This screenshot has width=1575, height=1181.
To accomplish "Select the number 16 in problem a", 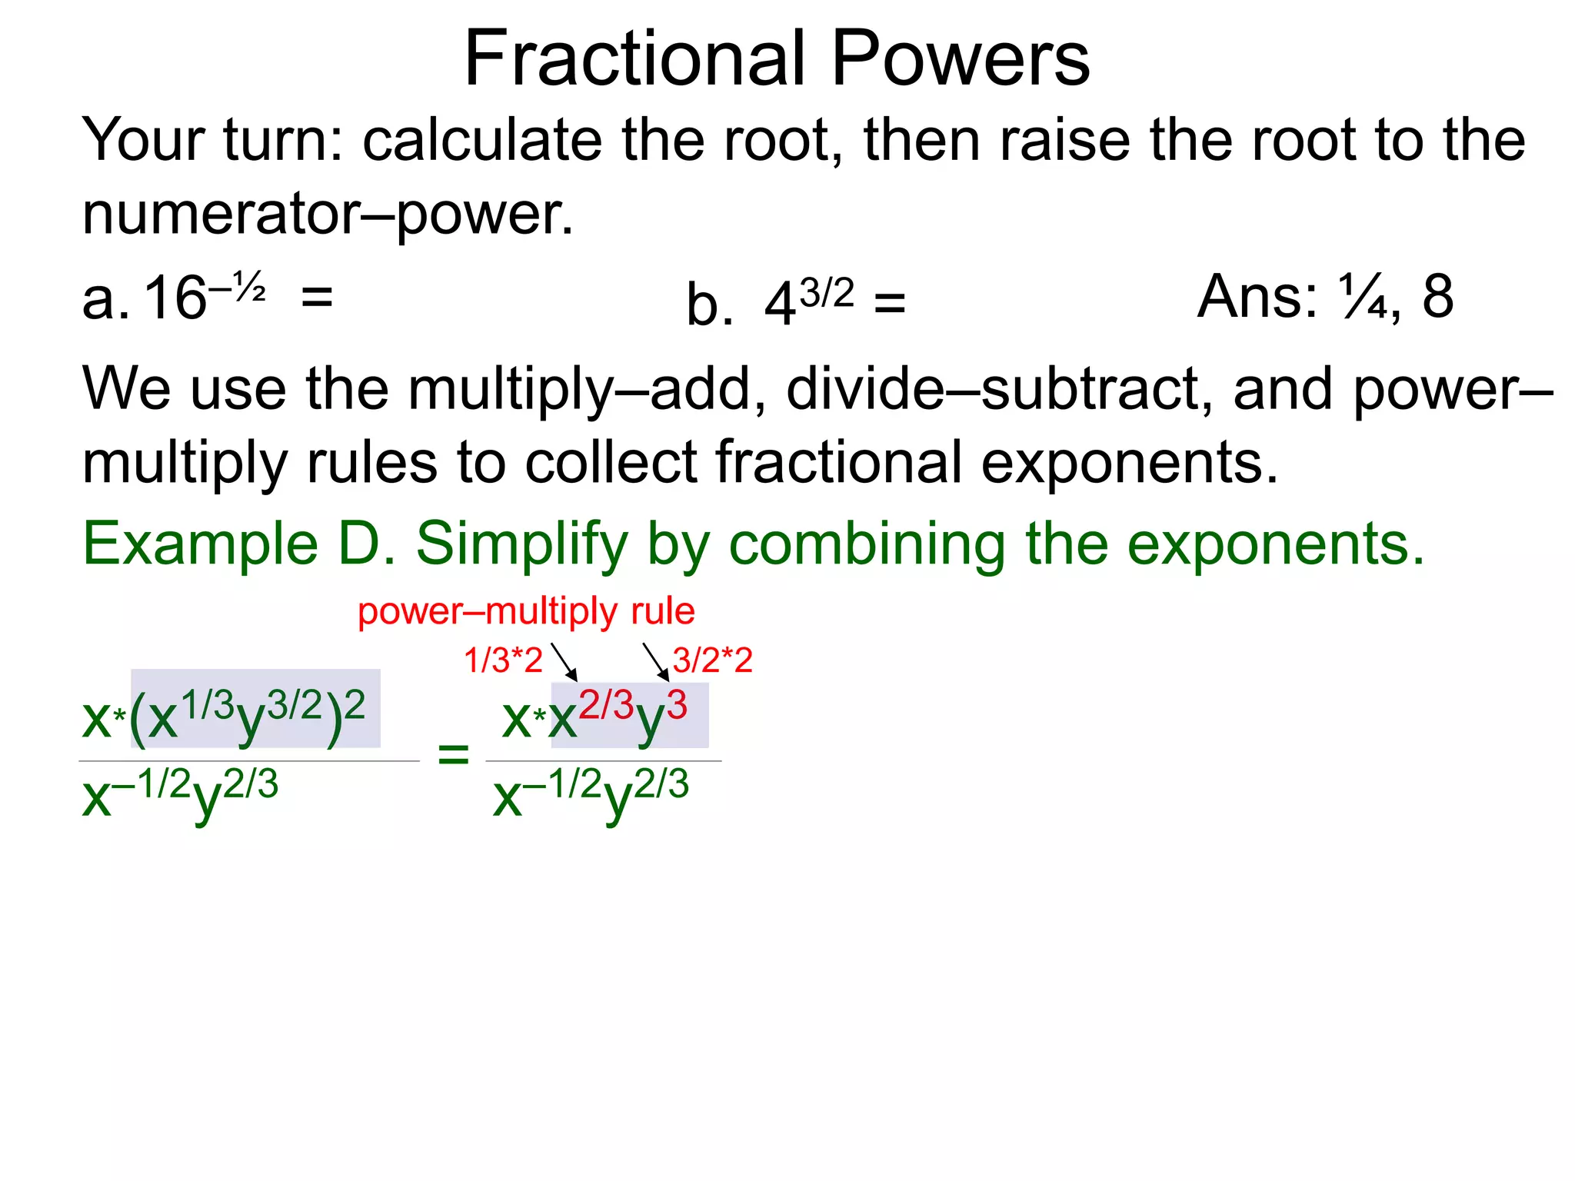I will (175, 298).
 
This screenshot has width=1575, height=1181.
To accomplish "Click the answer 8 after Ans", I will (1437, 296).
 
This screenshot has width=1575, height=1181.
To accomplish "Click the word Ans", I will (1257, 296).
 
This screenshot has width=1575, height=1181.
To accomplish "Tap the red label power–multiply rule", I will (526, 611).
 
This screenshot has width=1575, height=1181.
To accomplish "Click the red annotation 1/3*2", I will (503, 660).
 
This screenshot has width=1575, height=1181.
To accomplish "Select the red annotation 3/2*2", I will (712, 660).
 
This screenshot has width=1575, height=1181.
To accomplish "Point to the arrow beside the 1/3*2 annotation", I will (564, 662).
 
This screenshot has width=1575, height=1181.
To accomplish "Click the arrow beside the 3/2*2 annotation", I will (656, 662).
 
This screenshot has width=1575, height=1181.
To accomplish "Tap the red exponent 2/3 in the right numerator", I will (606, 705).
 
